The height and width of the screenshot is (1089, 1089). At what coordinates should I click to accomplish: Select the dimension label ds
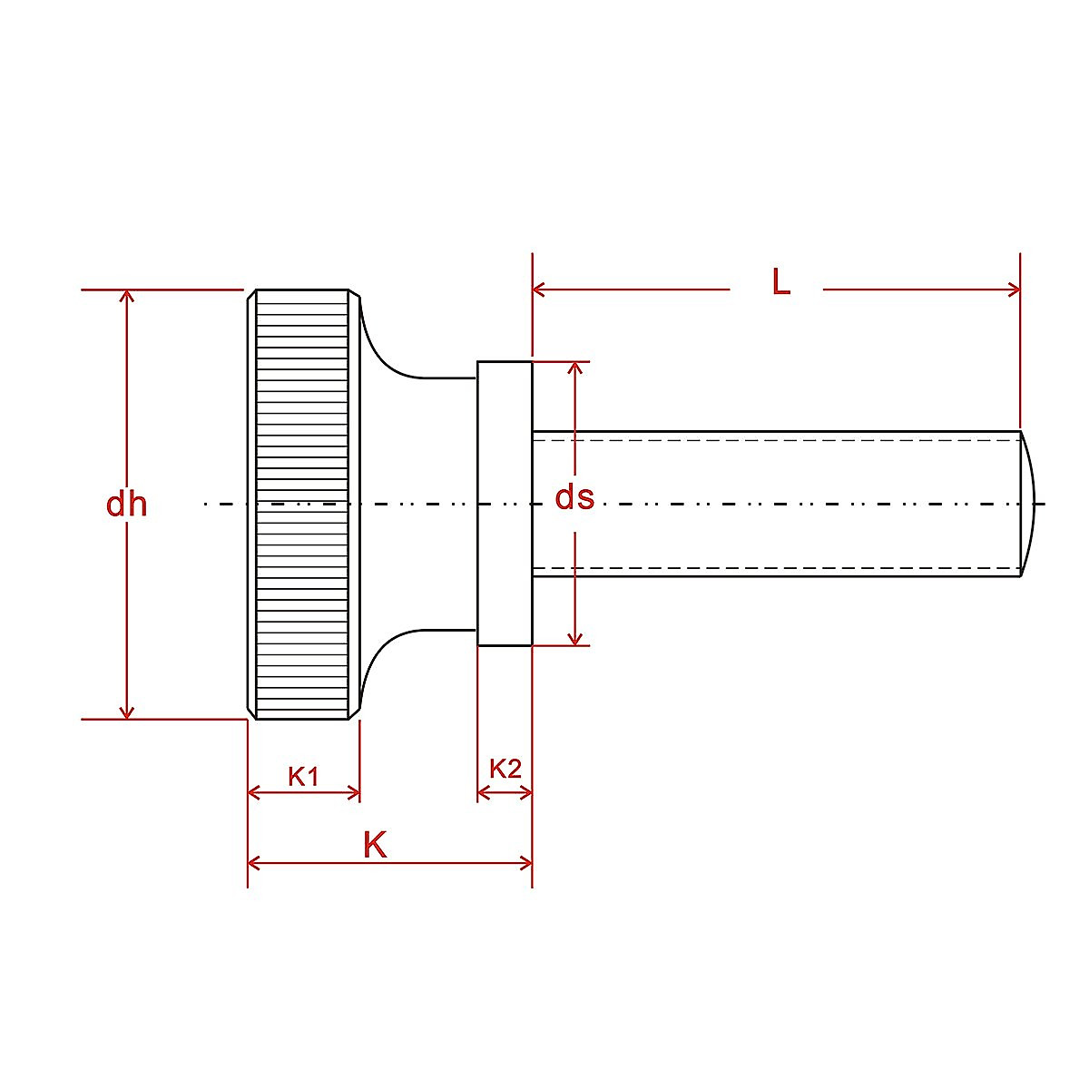tap(574, 497)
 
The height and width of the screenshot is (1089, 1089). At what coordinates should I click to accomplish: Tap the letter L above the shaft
tap(780, 282)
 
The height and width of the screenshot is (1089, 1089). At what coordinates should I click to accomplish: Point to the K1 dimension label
tap(303, 776)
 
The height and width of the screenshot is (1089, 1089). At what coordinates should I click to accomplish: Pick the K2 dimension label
tap(505, 769)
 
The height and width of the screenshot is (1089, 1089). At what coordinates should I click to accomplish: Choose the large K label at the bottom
tap(374, 845)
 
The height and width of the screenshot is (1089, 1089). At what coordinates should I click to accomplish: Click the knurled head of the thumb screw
tap(302, 504)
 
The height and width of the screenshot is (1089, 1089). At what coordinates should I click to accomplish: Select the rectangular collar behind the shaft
tap(505, 504)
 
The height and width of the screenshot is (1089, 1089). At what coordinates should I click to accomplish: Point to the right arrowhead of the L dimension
tap(1014, 290)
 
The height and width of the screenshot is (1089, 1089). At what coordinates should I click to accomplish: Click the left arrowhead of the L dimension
tap(539, 290)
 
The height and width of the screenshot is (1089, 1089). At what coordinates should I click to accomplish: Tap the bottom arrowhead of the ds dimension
tap(574, 639)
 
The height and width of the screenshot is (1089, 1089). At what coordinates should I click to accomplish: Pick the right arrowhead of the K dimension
tap(525, 862)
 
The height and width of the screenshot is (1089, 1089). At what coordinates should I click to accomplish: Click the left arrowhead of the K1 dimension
tap(254, 793)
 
